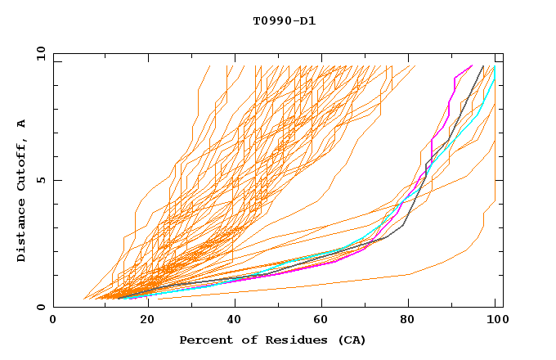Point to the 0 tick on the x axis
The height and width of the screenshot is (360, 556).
coord(53,319)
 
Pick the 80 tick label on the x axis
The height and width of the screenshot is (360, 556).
coord(406,319)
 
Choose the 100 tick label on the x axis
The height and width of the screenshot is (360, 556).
coord(495,319)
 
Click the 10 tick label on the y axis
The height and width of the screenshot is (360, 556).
coord(40,54)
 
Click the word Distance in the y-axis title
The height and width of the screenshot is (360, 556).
coord(22,231)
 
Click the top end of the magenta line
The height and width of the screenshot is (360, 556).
coord(472,65)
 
